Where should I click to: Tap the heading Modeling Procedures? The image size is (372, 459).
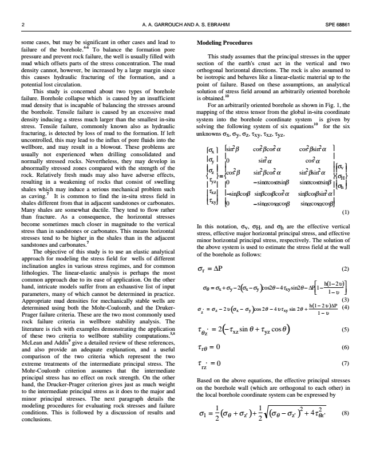click(224, 43)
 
